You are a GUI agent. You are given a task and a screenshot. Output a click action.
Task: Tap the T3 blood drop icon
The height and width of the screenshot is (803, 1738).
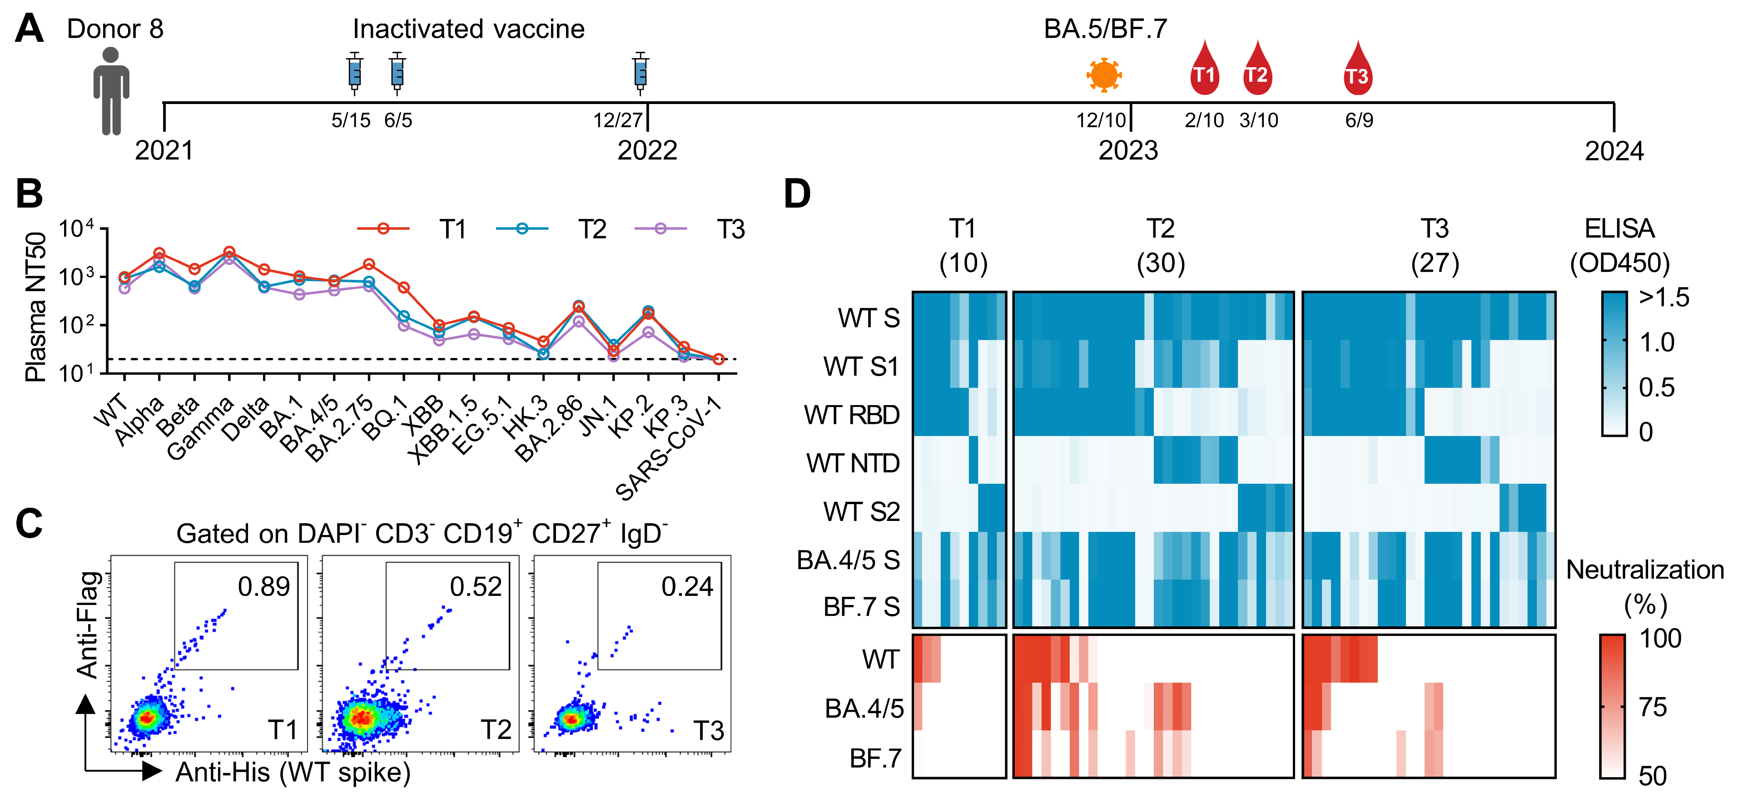(1357, 71)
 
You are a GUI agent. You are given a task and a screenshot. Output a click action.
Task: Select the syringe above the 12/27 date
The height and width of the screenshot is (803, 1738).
(641, 71)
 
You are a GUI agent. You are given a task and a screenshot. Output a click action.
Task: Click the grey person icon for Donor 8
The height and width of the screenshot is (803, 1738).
(111, 91)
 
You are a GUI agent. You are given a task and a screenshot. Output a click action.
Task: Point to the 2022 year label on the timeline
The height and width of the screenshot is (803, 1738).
(647, 150)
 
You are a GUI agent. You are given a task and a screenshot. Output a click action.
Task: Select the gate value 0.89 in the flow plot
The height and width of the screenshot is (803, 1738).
(264, 586)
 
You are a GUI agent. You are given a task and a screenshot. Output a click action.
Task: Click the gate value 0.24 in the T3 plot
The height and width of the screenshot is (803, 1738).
(687, 586)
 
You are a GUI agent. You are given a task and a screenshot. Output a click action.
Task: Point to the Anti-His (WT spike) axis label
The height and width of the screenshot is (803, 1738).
(293, 772)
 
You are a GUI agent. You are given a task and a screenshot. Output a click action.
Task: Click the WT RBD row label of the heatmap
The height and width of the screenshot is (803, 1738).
(851, 415)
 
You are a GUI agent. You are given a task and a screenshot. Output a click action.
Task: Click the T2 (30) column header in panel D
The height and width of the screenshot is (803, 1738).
(1161, 246)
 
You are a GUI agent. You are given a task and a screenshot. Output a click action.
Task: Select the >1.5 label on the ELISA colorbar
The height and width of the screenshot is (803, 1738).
(1664, 297)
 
